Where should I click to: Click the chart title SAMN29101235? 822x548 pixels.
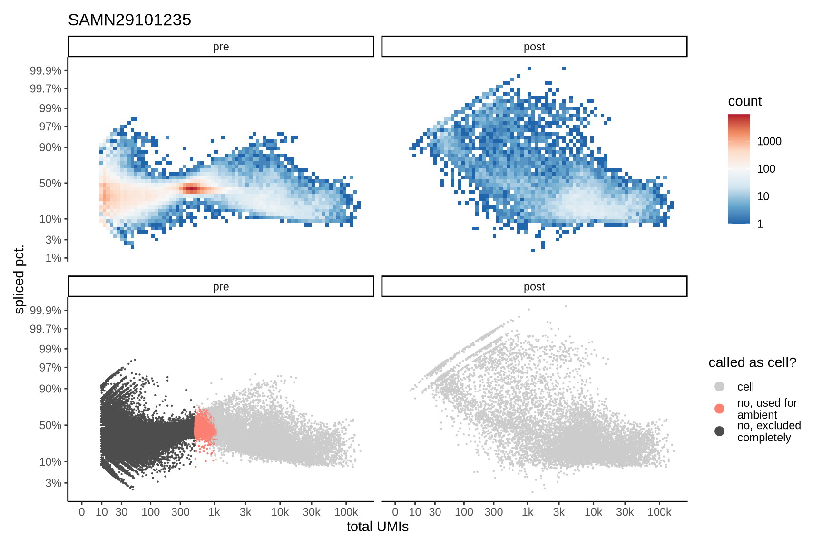[129, 20]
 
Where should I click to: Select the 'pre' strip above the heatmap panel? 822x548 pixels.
[221, 47]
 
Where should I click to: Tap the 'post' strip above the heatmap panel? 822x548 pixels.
[534, 47]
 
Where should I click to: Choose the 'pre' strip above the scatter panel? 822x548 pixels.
[221, 287]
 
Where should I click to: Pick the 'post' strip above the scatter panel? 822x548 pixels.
[534, 287]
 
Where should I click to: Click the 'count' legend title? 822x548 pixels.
[744, 101]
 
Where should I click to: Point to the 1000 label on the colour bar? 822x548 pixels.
[769, 141]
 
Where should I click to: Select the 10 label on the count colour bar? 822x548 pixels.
[763, 196]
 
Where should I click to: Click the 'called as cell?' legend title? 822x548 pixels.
[752, 362]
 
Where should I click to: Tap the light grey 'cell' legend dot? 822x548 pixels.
[719, 386]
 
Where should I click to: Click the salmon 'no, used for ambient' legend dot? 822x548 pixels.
[719, 409]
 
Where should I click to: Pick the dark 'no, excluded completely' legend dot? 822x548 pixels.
[719, 431]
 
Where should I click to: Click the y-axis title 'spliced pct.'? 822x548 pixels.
[19, 280]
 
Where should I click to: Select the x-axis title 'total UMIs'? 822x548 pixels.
[377, 527]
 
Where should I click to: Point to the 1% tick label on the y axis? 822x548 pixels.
[53, 258]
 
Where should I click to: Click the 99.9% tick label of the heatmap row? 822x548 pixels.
[46, 71]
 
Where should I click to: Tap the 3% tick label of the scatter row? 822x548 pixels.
[53, 483]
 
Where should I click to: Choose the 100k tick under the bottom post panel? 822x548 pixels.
[659, 512]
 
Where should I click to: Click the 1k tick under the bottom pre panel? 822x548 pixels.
[214, 512]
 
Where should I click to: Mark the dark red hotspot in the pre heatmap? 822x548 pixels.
[191, 189]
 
